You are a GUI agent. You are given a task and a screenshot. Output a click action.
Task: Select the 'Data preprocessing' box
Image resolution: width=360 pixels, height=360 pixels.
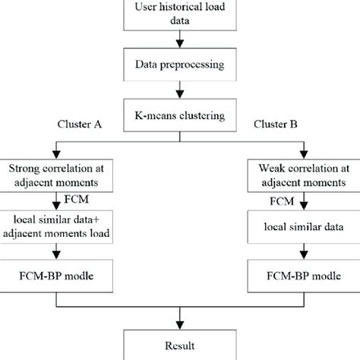point(179,65)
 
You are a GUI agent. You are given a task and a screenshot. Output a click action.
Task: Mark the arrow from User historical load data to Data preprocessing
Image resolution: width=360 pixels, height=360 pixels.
point(179,41)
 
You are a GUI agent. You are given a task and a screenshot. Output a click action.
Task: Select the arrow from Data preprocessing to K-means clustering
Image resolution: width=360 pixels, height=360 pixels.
point(179,92)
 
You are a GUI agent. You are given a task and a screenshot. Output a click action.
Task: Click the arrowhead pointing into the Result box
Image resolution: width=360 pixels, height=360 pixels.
point(179,323)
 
